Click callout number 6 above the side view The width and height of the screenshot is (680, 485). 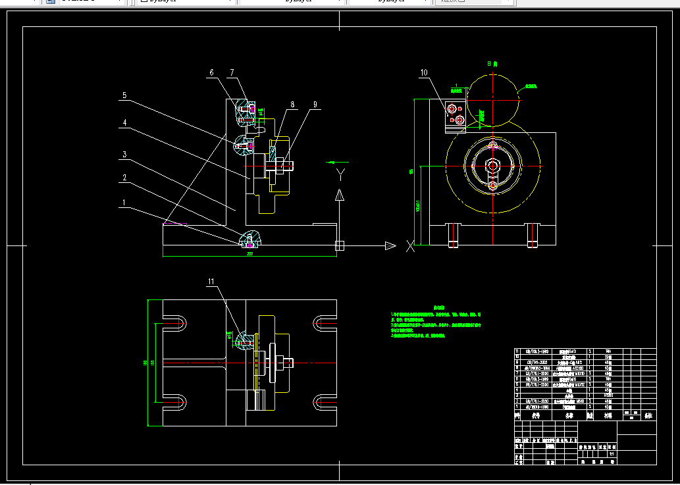coord(212,72)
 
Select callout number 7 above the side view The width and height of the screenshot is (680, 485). coord(232,72)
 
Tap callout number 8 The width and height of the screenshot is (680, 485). coord(293,104)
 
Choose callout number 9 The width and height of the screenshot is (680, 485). coord(315,104)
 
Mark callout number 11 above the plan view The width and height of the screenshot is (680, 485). coord(211,282)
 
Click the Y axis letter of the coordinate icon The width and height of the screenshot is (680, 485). coord(340,174)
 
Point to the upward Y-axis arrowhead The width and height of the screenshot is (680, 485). coord(340,195)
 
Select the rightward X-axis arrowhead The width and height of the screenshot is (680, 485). coord(390,245)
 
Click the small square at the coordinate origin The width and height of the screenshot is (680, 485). coord(340,245)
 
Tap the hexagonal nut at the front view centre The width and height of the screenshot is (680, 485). coord(493,166)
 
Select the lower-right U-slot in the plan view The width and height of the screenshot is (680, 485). coord(325,401)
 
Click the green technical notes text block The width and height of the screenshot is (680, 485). coord(435,322)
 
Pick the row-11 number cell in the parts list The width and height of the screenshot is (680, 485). coord(517,352)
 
